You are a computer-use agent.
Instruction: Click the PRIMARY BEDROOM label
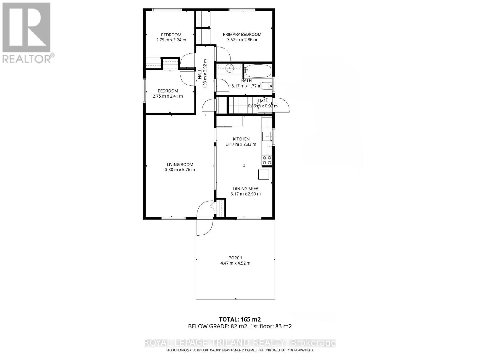[x=242, y=34]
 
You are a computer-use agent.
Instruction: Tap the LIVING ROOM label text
[x=180, y=164]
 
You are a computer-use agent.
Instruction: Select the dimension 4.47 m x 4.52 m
[x=235, y=263]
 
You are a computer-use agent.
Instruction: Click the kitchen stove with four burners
[x=267, y=160]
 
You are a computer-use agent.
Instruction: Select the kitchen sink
[x=267, y=136]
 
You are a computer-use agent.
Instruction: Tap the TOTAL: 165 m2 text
[x=238, y=319]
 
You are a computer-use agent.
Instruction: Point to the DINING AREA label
[x=246, y=189]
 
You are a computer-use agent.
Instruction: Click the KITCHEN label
[x=241, y=139]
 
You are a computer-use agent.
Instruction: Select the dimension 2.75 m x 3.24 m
[x=171, y=40]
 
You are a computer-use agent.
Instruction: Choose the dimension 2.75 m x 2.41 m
[x=168, y=96]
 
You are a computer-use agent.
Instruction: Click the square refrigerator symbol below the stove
[x=264, y=174]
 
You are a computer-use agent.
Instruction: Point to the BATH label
[x=247, y=81]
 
